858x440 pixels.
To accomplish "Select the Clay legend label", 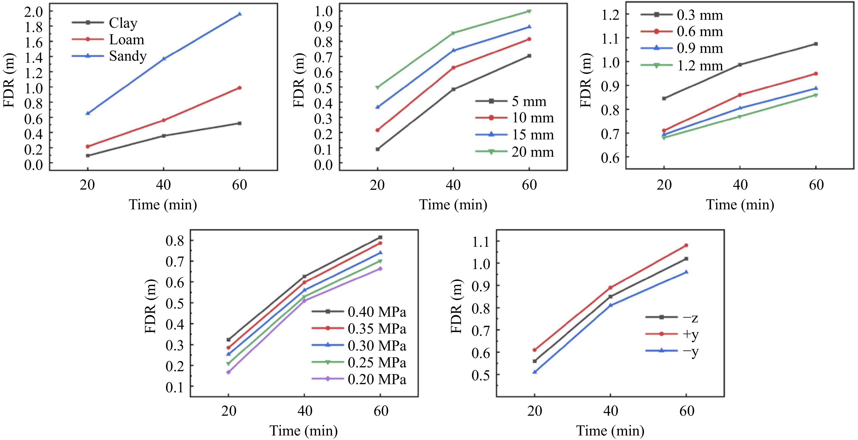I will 123,23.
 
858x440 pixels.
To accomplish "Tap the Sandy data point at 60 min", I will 239,14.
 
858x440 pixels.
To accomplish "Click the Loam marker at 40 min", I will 163,120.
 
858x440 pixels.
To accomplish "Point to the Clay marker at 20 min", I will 88,156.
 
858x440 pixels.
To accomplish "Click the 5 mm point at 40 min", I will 453,89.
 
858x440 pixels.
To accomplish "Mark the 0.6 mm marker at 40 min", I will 740,95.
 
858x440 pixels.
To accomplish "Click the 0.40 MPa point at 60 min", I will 380,237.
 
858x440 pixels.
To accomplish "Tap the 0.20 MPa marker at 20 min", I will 229,372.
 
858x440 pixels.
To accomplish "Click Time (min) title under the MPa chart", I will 303,431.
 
